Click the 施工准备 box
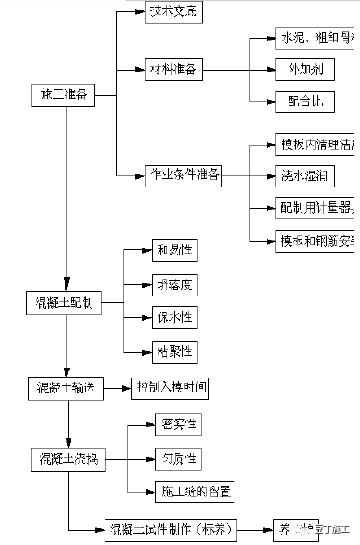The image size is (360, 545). click(65, 95)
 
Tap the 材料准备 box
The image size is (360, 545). click(173, 69)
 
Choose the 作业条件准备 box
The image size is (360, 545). click(183, 175)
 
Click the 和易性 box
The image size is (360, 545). click(173, 250)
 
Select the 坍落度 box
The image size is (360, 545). click(173, 283)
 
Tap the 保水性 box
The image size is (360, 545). click(173, 317)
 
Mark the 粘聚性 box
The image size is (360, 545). click(173, 351)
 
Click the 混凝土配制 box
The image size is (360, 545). click(65, 303)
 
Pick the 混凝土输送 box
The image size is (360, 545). click(65, 386)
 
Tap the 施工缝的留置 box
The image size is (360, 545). click(197, 492)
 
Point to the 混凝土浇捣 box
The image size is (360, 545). click(69, 459)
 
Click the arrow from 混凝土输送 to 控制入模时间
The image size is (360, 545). click(116, 386)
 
